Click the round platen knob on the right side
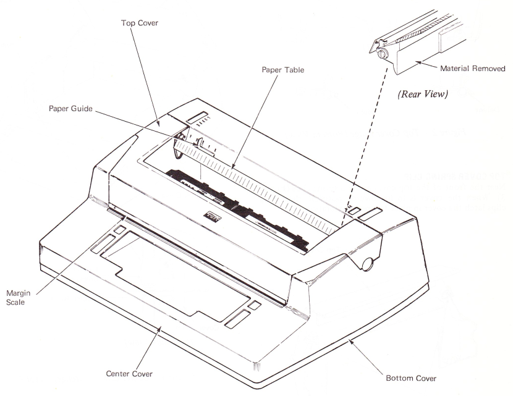pos(368,263)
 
